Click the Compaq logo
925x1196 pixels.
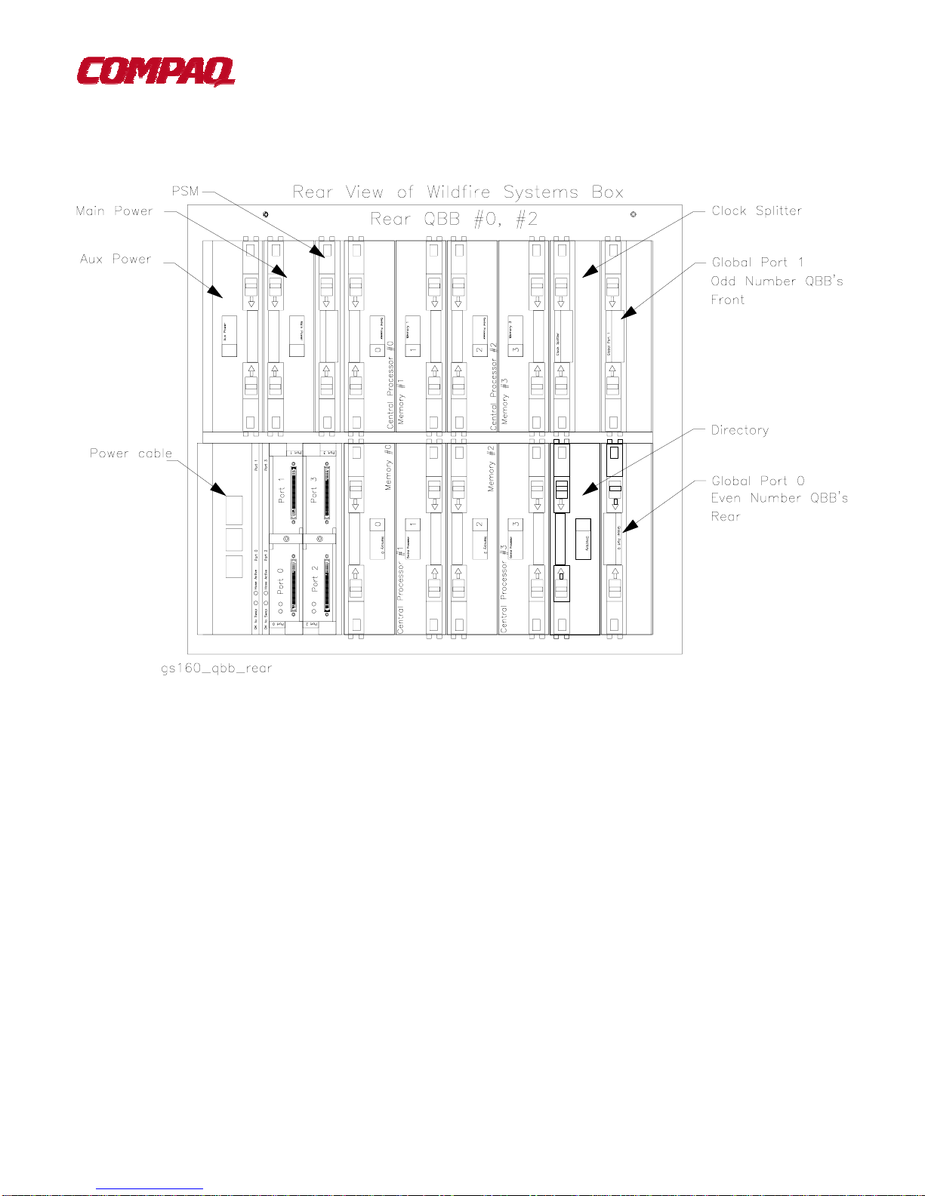pyautogui.click(x=156, y=72)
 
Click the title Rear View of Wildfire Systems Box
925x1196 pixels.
pyautogui.click(x=458, y=192)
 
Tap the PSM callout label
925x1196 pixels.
pyautogui.click(x=185, y=191)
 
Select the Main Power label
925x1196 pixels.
pyautogui.click(x=114, y=211)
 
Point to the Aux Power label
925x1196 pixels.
pyautogui.click(x=116, y=259)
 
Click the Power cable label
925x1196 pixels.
pyautogui.click(x=131, y=453)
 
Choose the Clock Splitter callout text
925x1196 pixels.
pyautogui.click(x=757, y=211)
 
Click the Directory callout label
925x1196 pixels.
pyautogui.click(x=740, y=430)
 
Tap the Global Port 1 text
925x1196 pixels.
pyautogui.click(x=757, y=263)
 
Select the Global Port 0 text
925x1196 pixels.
pyautogui.click(x=758, y=481)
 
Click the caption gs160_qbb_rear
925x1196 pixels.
pyautogui.click(x=216, y=669)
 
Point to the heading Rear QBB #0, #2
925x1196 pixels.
pyautogui.click(x=454, y=220)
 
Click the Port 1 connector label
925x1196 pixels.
pyautogui.click(x=282, y=490)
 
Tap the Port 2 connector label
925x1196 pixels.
pyautogui.click(x=314, y=578)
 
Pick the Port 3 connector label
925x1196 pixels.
pyautogui.click(x=314, y=490)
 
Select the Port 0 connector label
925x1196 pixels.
pyautogui.click(x=281, y=580)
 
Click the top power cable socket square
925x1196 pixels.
pyautogui.click(x=234, y=510)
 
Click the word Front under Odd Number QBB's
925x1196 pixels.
pyautogui.click(x=728, y=300)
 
